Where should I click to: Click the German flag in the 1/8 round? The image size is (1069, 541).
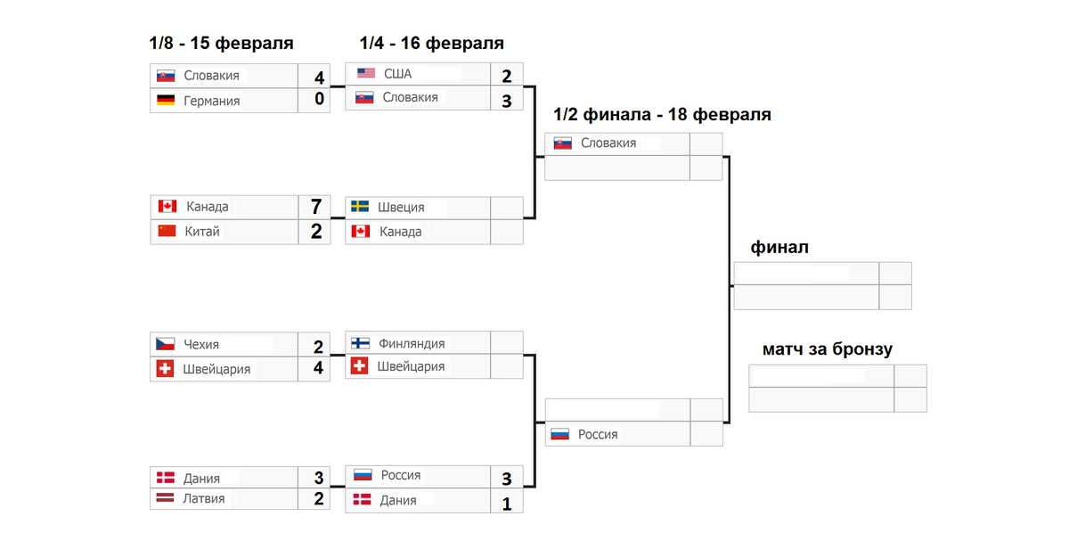point(166,101)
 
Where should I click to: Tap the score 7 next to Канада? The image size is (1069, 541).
point(317,207)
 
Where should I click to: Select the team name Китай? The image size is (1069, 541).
point(202,232)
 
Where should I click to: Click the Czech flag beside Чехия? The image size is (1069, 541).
point(165,344)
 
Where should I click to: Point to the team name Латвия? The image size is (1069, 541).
point(204,499)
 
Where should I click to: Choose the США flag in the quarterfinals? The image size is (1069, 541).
point(366,73)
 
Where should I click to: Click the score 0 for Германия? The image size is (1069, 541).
point(318,100)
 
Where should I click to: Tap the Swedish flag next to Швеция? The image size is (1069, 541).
point(361,207)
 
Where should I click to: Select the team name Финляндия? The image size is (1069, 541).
point(412,343)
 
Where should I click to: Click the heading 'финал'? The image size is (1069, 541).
point(779,247)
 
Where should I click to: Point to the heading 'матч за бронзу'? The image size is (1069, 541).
point(827,349)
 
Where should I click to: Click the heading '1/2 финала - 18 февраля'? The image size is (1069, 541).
point(662,115)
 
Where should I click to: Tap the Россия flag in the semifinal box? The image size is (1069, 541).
point(559,434)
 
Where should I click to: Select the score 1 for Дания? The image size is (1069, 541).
point(506,504)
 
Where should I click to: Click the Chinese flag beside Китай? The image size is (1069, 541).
point(167,231)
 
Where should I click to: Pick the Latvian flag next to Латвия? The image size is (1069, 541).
point(166,499)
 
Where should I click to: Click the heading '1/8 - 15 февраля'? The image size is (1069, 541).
point(222,43)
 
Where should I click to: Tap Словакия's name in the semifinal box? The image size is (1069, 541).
point(608,143)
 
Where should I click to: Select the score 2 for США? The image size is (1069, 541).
point(506,76)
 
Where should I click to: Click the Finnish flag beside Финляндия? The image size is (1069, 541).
point(361,343)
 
